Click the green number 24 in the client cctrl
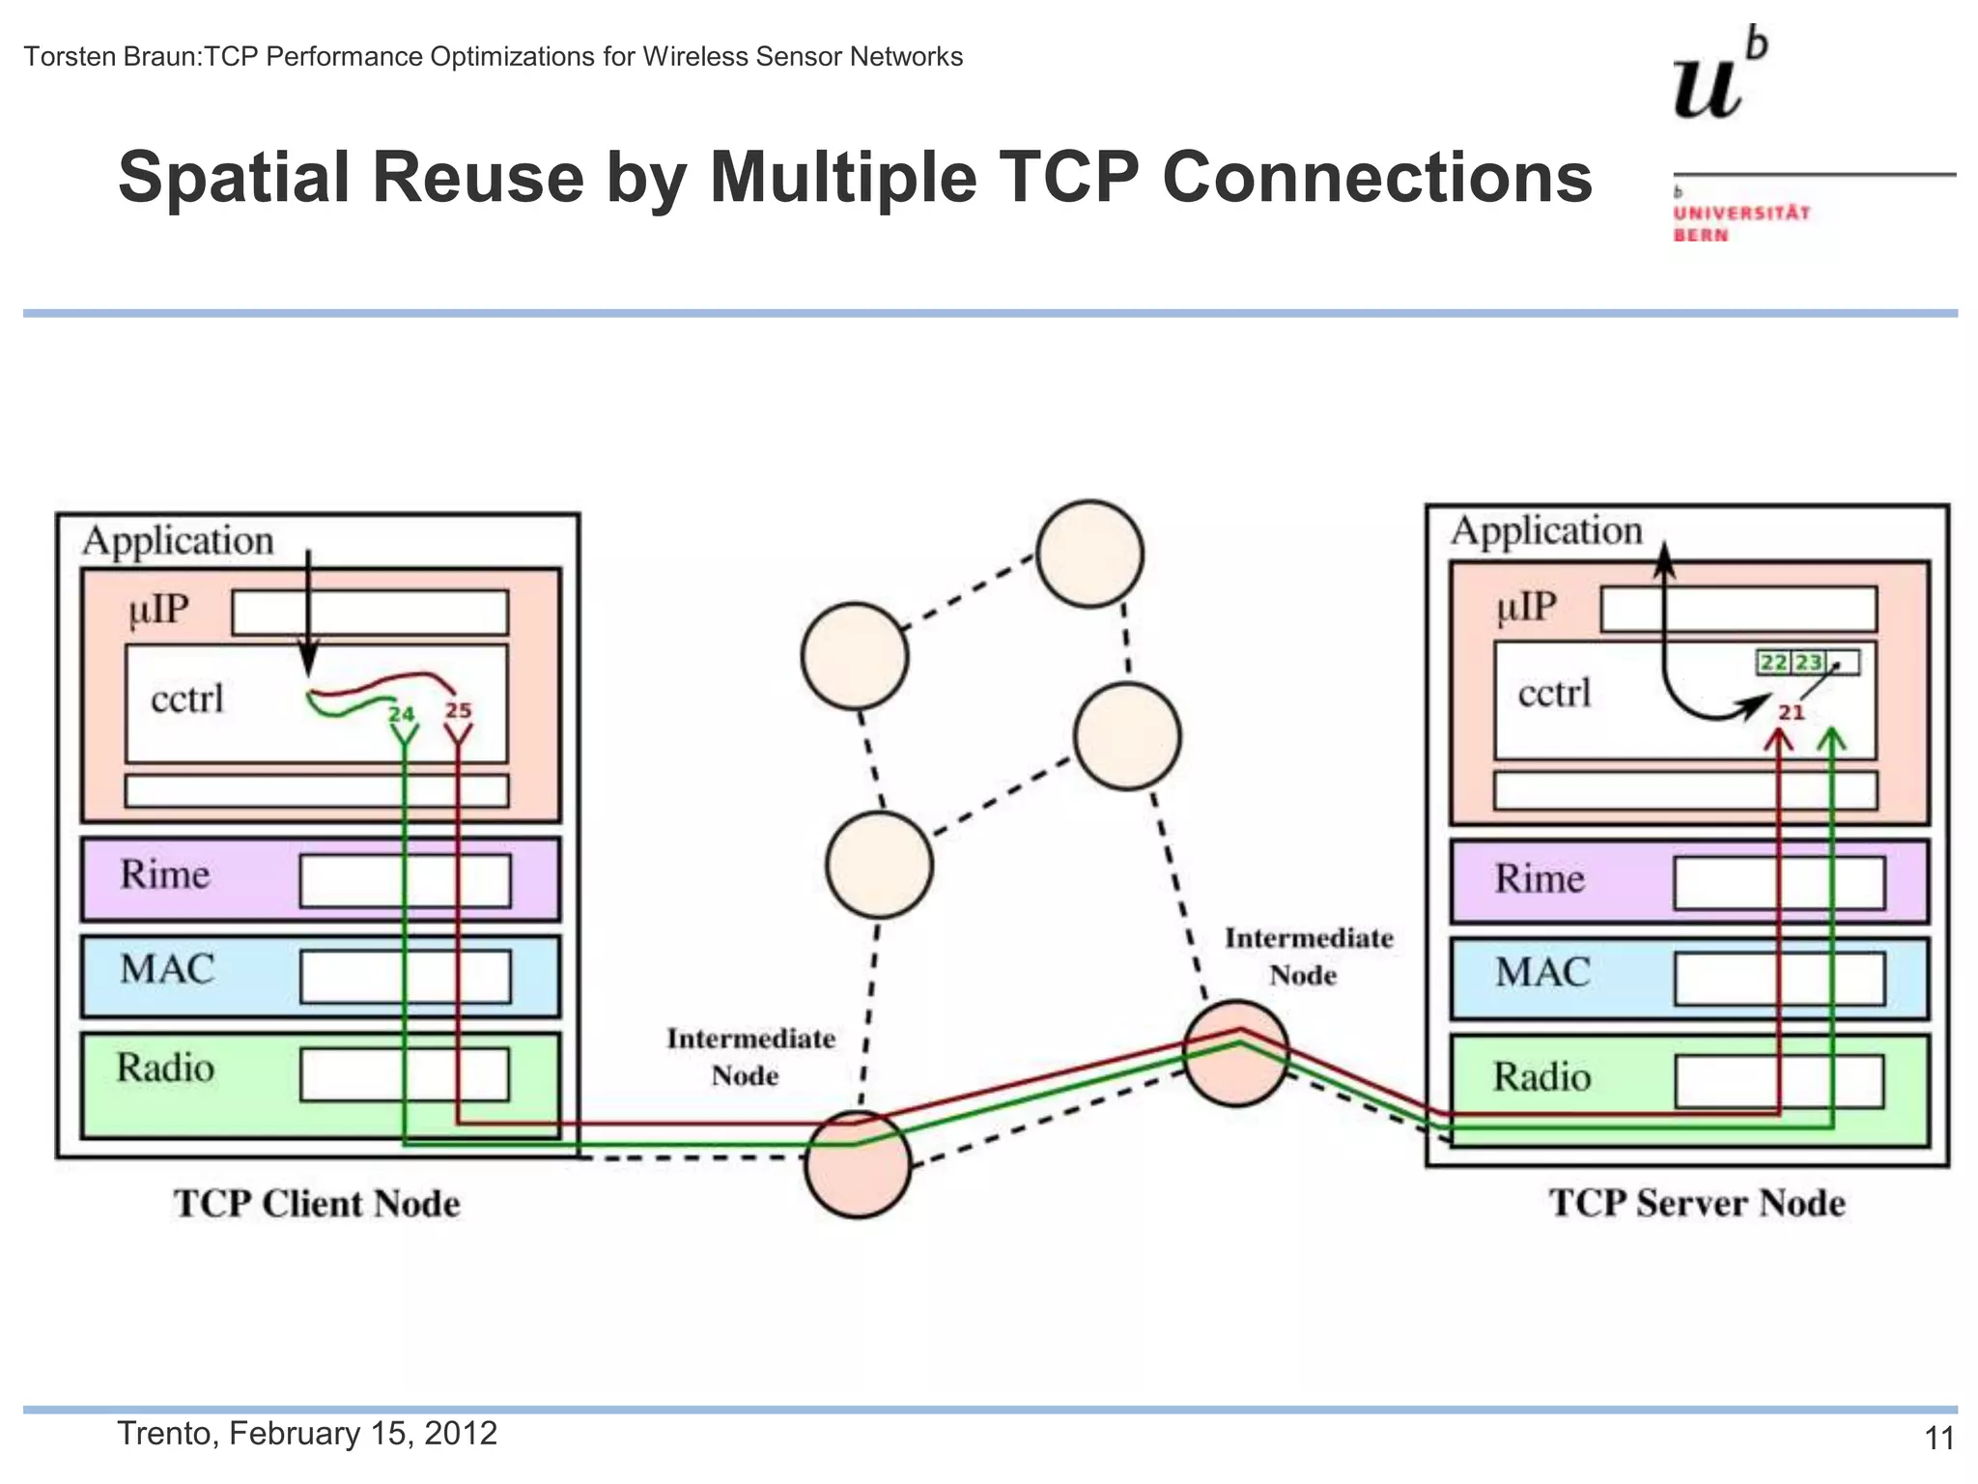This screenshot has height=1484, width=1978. [x=401, y=714]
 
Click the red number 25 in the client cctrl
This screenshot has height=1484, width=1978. [x=458, y=710]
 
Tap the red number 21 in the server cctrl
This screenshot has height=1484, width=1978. [x=1792, y=712]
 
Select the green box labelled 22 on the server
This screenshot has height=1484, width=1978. [x=1773, y=662]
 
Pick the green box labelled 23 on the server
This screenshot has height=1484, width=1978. [x=1808, y=662]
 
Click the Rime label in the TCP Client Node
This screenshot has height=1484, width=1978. [x=164, y=874]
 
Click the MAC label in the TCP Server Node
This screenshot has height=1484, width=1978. [x=1542, y=972]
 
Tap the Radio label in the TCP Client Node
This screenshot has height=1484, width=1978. [x=165, y=1068]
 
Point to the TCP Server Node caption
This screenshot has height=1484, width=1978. [x=1697, y=1203]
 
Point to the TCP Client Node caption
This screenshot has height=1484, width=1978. [x=317, y=1204]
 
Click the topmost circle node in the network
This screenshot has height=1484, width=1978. [x=1089, y=554]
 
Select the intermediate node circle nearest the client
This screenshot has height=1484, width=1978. [x=858, y=1164]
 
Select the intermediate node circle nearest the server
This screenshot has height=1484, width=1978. [x=1236, y=1053]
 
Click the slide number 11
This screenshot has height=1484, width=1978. [x=1939, y=1439]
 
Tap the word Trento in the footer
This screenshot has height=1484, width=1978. [x=169, y=1433]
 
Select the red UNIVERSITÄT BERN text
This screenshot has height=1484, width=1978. [x=1741, y=223]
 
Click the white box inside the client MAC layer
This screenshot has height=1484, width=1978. [x=405, y=976]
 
